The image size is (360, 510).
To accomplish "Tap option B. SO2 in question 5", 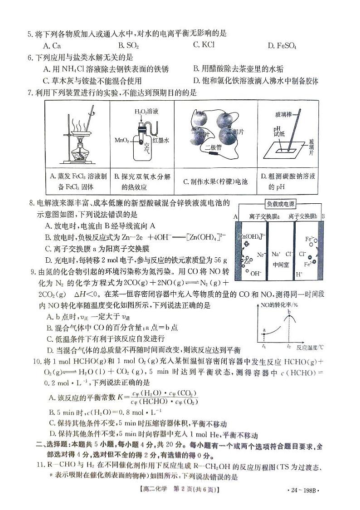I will point(128,45).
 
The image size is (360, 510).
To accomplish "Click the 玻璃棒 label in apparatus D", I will point(284,115).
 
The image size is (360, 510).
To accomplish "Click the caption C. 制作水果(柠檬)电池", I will point(216,181).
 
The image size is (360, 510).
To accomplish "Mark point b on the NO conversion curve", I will point(289,312).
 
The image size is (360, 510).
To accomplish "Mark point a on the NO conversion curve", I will point(264,331).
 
